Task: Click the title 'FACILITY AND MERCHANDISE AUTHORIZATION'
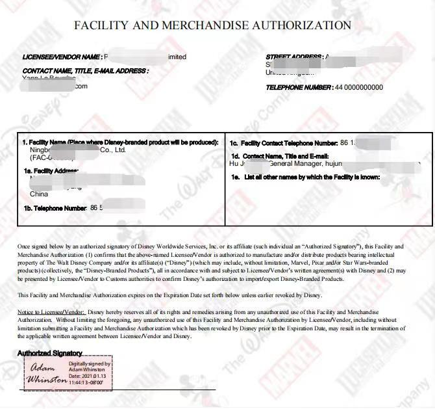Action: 212,25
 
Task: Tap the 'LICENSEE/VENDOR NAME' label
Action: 62,57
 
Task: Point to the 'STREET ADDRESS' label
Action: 293,57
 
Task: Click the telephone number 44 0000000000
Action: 359,87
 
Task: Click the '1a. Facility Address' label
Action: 51,171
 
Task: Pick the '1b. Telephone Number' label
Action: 55,208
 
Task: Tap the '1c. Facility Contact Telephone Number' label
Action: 284,142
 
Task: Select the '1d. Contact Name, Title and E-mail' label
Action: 280,157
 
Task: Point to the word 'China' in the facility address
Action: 39,194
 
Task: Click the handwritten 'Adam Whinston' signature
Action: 46,372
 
